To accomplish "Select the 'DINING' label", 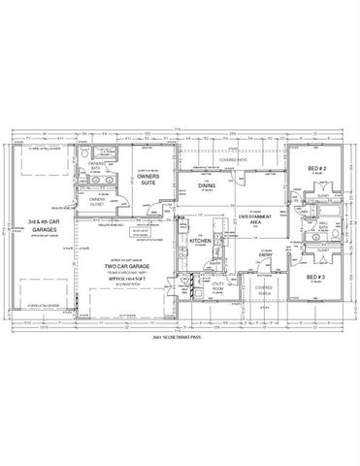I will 207,184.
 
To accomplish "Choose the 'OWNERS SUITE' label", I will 148,178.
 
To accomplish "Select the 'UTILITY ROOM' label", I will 192,290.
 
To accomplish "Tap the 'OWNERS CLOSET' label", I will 96,204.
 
